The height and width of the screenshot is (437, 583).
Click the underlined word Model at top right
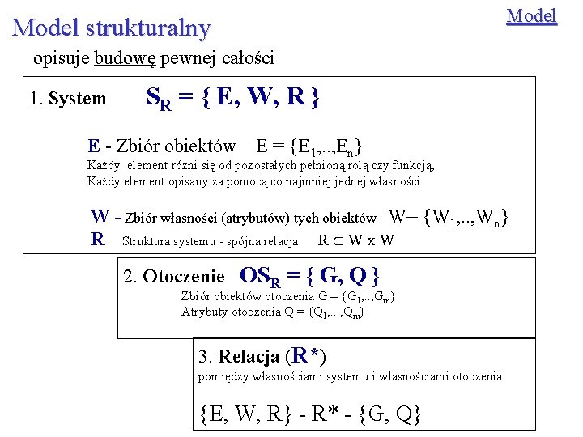click(x=531, y=15)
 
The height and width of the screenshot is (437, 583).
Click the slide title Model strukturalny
click(x=111, y=28)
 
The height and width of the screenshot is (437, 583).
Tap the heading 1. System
click(x=68, y=99)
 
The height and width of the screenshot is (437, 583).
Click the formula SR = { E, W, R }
click(x=232, y=99)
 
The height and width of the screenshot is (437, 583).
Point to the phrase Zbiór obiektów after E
click(x=177, y=146)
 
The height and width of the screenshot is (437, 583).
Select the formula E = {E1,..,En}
click(x=309, y=146)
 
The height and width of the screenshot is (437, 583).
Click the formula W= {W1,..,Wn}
click(x=449, y=218)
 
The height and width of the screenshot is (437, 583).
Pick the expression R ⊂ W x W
click(x=356, y=240)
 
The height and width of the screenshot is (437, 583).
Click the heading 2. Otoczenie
click(x=173, y=277)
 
